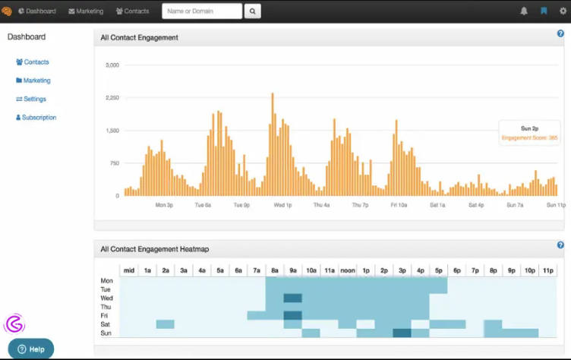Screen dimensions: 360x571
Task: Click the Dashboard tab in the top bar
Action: click(36, 11)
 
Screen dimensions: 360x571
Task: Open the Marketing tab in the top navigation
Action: click(86, 11)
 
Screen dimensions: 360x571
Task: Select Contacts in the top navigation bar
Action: click(133, 11)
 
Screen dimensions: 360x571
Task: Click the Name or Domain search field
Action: click(202, 11)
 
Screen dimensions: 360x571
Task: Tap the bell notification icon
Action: click(524, 11)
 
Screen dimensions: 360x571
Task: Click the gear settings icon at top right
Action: click(563, 11)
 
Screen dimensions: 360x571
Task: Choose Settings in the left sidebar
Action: click(31, 99)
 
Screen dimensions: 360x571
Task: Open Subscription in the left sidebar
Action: click(36, 118)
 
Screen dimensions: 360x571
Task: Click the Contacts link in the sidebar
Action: click(33, 62)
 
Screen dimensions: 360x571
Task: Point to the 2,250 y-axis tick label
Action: click(111, 98)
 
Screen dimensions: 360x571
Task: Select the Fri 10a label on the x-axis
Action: click(399, 205)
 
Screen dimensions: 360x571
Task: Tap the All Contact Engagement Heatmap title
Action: click(154, 249)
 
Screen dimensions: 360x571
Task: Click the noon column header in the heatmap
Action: click(348, 270)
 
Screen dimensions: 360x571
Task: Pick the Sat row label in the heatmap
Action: click(106, 324)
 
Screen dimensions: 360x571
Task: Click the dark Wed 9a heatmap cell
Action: click(292, 298)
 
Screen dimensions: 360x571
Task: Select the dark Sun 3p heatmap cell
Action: click(402, 333)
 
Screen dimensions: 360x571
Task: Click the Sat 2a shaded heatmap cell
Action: click(165, 324)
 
